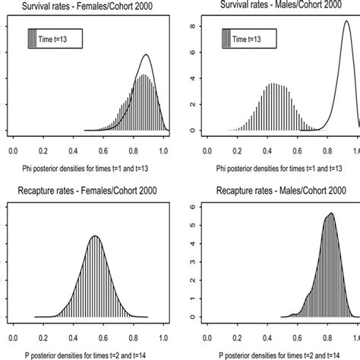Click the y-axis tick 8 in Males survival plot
[196, 25]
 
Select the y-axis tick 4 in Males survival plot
[196, 78]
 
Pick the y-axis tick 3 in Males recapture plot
[196, 262]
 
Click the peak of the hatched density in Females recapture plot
[95, 237]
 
